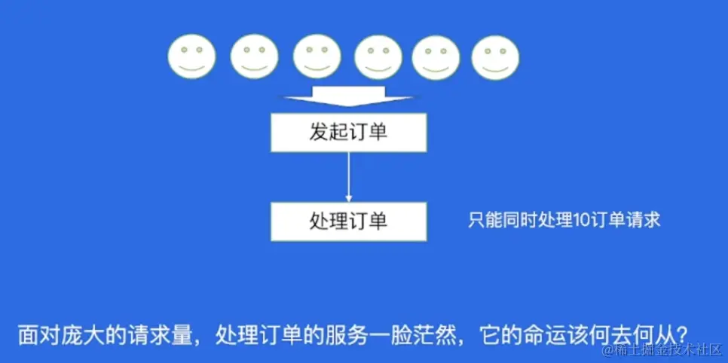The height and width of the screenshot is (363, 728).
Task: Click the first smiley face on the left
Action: [192, 57]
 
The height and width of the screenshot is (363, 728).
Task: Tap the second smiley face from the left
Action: [255, 57]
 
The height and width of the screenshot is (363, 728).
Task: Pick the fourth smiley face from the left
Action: [378, 57]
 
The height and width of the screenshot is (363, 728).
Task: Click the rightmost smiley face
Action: [495, 57]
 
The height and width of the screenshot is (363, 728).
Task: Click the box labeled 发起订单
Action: [348, 133]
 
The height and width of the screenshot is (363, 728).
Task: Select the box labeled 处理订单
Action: [348, 221]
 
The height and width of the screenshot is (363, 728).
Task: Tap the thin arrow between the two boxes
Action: [348, 177]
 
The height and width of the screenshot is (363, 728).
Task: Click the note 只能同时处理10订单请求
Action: [564, 220]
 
